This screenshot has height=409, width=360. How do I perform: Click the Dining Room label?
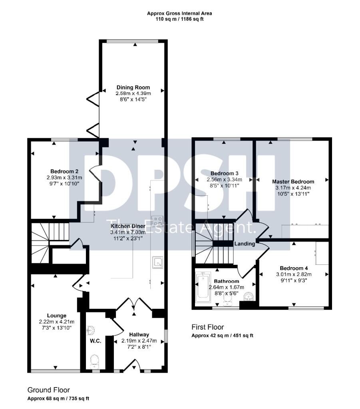(x=133, y=87)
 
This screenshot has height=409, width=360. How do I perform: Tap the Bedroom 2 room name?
(x=64, y=171)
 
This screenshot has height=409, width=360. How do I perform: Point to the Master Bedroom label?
(x=293, y=182)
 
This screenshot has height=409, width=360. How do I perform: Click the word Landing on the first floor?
(x=245, y=244)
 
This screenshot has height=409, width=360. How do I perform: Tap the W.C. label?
(x=95, y=341)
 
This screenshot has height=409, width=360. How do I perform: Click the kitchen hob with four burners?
(x=157, y=220)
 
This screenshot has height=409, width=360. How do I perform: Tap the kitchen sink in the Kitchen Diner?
(x=158, y=262)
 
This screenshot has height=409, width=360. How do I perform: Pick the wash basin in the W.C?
(x=90, y=330)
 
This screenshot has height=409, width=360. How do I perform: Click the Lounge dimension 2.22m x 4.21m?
(x=57, y=322)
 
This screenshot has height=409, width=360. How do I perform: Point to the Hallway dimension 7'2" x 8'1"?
(x=139, y=347)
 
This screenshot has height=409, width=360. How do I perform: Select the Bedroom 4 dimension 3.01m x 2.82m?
(x=294, y=274)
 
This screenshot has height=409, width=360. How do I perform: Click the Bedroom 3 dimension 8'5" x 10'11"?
(x=224, y=185)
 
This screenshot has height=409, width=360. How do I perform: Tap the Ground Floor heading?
(x=48, y=390)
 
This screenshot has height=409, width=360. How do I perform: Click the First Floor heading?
(x=208, y=327)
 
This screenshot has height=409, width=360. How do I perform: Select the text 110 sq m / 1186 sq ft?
(x=179, y=19)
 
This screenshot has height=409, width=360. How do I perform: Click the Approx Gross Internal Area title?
(x=179, y=13)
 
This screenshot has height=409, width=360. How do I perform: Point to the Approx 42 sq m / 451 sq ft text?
(x=222, y=336)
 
